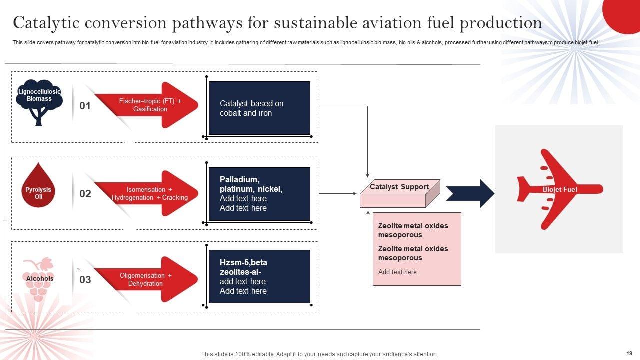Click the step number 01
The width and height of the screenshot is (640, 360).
tap(85, 106)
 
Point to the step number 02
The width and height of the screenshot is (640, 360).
tap(85, 194)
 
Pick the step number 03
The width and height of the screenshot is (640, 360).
tap(85, 279)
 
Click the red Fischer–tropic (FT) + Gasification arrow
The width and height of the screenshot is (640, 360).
tap(146, 105)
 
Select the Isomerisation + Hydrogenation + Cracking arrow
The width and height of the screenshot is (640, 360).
tap(146, 193)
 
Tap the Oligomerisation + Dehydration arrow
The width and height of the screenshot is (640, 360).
tap(146, 279)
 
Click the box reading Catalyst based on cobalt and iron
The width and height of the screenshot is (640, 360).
tap(259, 108)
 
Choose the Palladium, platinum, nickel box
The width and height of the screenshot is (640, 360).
tap(259, 194)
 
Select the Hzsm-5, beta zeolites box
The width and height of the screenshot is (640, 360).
tap(259, 277)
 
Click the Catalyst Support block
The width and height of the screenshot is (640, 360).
tap(400, 193)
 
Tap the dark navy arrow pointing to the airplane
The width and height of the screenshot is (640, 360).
tap(470, 193)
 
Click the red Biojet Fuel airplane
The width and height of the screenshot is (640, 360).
tap(560, 189)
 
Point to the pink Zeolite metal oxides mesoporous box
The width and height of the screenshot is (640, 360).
tap(417, 249)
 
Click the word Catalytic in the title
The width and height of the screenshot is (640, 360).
tap(46, 23)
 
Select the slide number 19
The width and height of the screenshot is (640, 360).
tap(629, 353)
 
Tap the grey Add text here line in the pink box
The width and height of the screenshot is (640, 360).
tap(397, 272)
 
